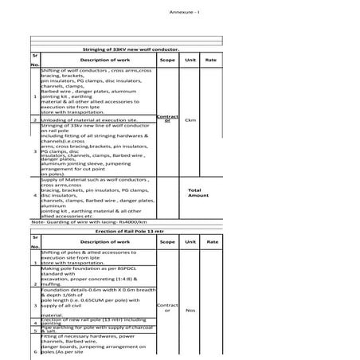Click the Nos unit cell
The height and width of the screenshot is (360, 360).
(190, 310)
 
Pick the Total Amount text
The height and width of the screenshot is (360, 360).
(198, 194)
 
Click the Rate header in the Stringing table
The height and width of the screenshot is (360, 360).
(211, 60)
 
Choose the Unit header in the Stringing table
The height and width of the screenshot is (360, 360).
(190, 60)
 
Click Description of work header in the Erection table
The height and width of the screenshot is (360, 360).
(100, 241)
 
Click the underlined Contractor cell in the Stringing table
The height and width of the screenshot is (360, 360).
(167, 119)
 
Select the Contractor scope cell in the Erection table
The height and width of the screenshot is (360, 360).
(167, 307)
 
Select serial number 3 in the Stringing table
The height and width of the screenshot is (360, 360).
(35, 151)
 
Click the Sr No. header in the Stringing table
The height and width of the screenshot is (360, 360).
(35, 60)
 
